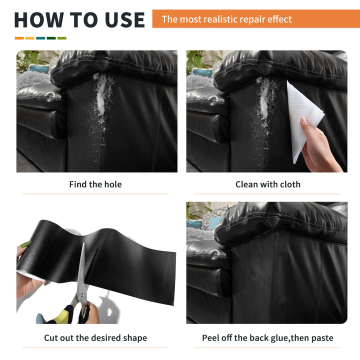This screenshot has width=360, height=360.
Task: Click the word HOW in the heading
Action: click(39, 19)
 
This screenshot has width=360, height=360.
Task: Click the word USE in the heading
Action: click(125, 19)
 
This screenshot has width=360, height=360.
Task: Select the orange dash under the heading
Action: click(19, 38)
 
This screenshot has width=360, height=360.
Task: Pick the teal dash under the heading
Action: click(40, 38)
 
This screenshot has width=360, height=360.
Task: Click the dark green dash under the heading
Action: click(51, 38)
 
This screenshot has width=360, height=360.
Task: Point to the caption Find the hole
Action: click(95, 184)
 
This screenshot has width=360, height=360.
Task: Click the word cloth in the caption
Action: click(290, 184)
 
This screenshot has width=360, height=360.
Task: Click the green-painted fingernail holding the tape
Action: click(25, 244)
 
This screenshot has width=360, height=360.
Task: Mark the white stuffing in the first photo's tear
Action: click(101, 96)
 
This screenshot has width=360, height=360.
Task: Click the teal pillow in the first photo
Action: click(38, 68)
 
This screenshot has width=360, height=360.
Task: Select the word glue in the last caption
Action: click(280, 338)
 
